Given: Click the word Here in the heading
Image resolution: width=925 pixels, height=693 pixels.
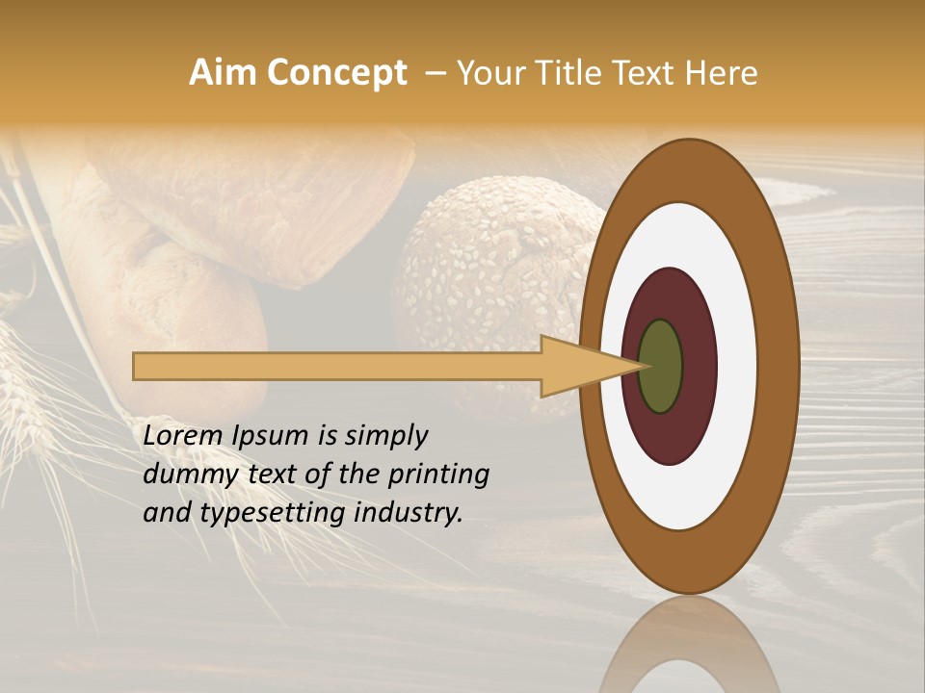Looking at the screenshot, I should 723,73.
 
